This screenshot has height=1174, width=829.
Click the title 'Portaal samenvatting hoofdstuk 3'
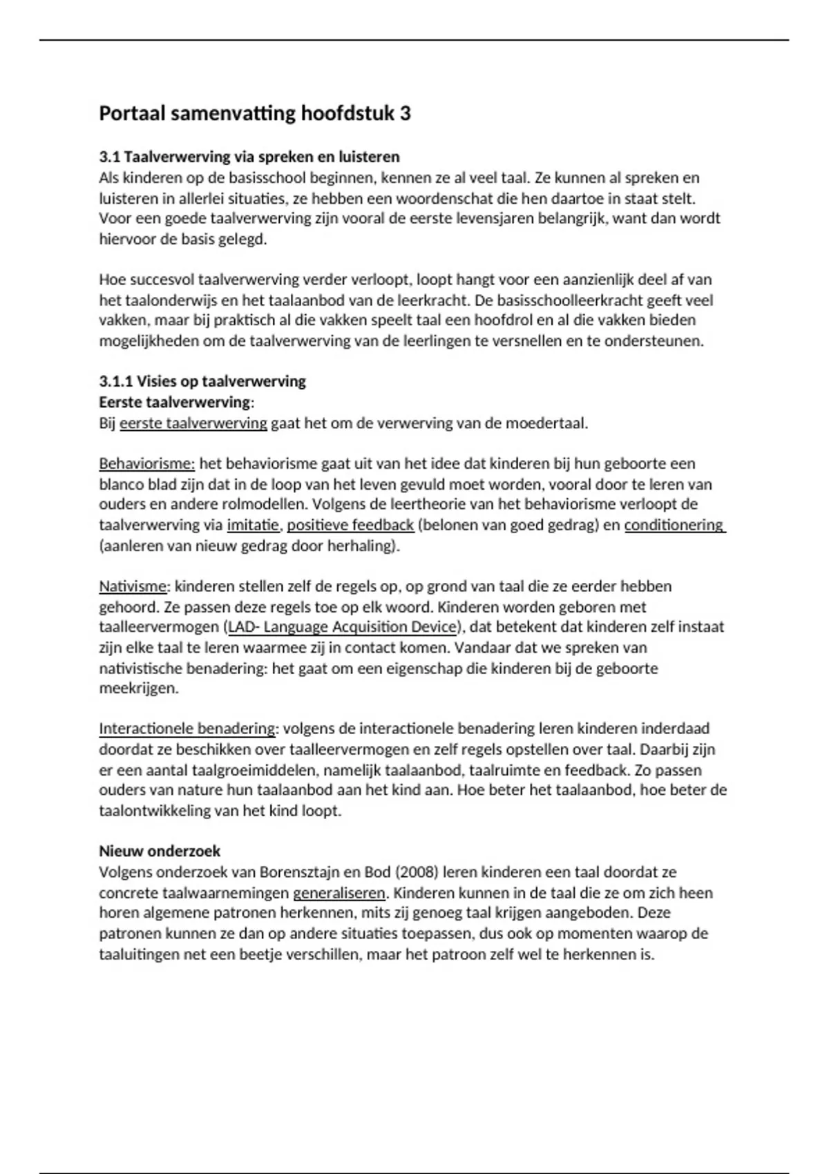[x=255, y=113]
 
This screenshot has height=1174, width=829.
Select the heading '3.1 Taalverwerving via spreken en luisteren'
[x=249, y=157]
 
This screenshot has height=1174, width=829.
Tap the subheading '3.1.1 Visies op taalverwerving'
[x=202, y=381]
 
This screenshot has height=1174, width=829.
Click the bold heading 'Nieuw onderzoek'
[x=160, y=851]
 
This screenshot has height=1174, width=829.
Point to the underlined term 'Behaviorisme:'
[x=147, y=463]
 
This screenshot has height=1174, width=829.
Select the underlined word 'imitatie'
[x=253, y=525]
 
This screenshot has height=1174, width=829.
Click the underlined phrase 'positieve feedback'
[x=350, y=525]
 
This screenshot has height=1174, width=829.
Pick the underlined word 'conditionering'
[x=674, y=525]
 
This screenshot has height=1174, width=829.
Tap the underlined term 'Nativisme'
[x=133, y=586]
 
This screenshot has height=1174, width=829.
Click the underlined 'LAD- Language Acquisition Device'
[x=342, y=627]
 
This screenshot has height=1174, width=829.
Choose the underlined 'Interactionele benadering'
[x=187, y=729]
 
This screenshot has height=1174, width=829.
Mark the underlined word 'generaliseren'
[x=339, y=893]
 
